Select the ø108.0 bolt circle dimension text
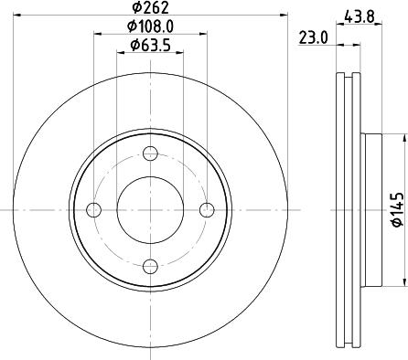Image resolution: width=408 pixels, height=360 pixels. pos(151,27)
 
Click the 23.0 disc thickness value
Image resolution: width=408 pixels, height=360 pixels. pos(314,38)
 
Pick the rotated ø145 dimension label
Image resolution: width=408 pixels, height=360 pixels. pos(396,209)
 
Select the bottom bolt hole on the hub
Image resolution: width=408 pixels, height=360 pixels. pos(151,267)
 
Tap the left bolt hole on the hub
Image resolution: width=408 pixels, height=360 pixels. pos(94,210)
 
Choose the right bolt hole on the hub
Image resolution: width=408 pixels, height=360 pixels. pos(208,210)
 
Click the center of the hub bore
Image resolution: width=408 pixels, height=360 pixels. pos(151,210)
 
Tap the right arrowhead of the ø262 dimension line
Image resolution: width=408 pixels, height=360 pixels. pos(283,16)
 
